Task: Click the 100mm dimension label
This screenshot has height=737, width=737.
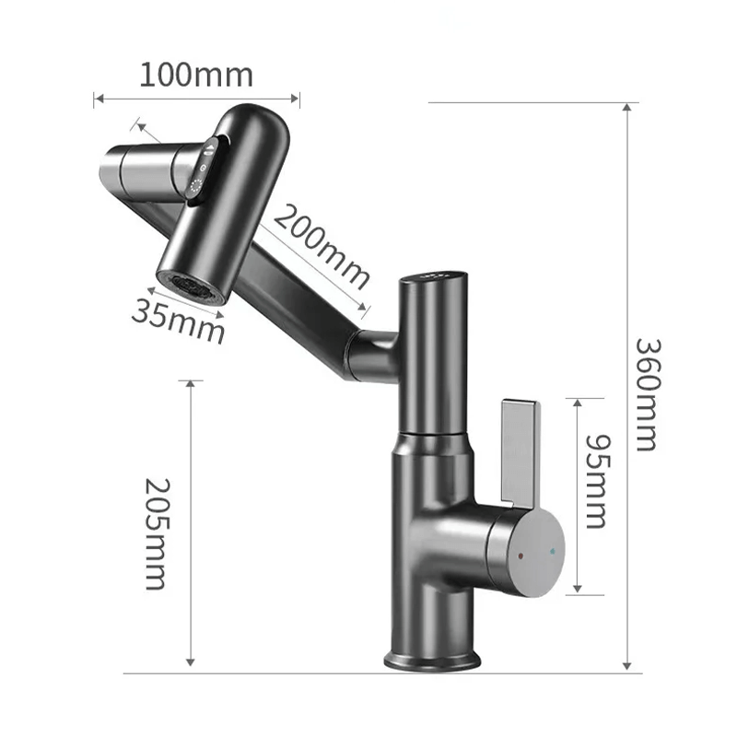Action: [195, 74]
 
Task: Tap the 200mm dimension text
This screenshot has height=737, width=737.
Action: [322, 245]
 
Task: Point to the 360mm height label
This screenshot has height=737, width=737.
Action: [647, 394]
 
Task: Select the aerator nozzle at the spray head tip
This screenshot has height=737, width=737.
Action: [192, 286]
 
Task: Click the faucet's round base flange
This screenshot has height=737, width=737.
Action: [431, 660]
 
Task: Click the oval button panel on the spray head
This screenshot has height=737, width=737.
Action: [204, 170]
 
